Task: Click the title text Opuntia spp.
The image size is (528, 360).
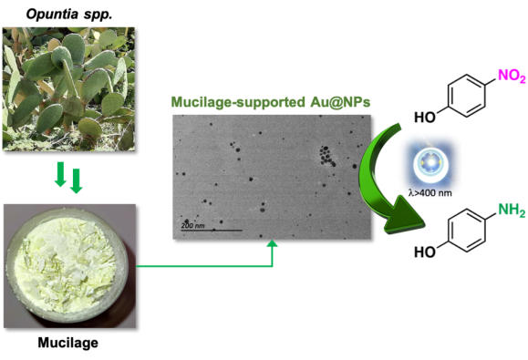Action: [69, 15]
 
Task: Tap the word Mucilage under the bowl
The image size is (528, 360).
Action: [68, 343]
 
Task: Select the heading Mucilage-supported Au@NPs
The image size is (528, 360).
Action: [271, 102]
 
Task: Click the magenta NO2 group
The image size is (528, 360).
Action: [512, 76]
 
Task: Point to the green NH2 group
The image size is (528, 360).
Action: [512, 211]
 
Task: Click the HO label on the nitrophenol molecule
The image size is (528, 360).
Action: [425, 118]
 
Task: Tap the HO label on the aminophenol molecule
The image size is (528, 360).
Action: [425, 252]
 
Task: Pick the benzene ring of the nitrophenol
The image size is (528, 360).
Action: [467, 96]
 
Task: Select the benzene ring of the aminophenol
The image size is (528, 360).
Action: [467, 231]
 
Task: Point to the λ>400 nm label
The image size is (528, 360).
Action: [430, 193]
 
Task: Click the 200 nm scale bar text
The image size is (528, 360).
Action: [192, 225]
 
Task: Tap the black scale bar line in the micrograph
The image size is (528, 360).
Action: [212, 231]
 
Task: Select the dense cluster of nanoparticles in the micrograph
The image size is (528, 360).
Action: [327, 156]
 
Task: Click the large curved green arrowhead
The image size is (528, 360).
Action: [403, 215]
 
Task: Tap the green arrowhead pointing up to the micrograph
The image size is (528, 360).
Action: [272, 243]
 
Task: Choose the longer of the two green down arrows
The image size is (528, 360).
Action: [77, 181]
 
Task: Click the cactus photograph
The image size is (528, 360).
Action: [68, 88]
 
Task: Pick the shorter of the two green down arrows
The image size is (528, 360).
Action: [60, 174]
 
